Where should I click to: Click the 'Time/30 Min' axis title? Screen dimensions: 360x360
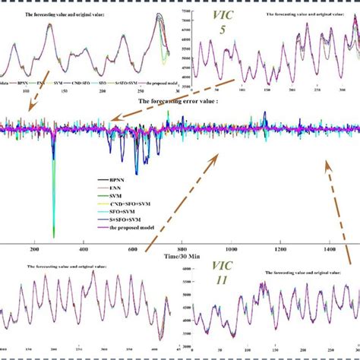coord(179,258)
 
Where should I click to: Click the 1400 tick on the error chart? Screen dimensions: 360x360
coord(330,249)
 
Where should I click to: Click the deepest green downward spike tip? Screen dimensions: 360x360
coord(53,236)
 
